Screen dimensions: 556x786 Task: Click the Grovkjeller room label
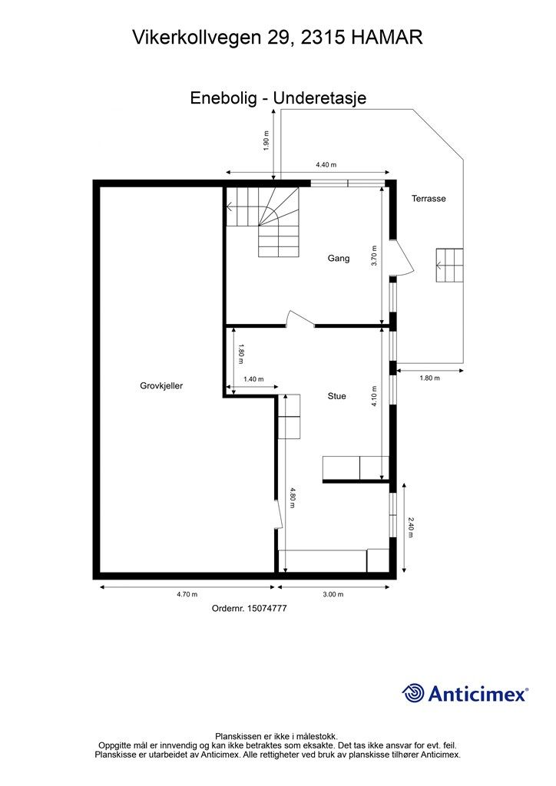click(161, 386)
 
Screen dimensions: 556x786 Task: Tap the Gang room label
click(339, 259)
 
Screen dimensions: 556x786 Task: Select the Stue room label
click(337, 396)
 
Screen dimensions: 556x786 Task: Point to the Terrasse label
click(429, 199)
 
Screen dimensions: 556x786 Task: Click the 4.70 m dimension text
click(187, 595)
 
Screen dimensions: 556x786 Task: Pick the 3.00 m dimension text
click(333, 595)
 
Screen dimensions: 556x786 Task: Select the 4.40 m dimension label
click(326, 165)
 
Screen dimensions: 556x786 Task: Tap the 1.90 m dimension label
click(266, 140)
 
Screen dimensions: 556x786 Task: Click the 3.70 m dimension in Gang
click(374, 256)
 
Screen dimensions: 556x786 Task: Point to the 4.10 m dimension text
click(374, 396)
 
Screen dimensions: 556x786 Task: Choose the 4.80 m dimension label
click(293, 497)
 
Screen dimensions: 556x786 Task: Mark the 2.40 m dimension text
click(411, 527)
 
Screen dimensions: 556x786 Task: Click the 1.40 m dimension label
click(253, 379)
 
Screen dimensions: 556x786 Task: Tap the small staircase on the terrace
click(449, 265)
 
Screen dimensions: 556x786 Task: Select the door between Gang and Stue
click(300, 319)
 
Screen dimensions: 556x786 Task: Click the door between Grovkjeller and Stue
click(279, 513)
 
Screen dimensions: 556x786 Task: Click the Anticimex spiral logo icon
click(413, 694)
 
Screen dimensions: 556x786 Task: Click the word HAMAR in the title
click(386, 37)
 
